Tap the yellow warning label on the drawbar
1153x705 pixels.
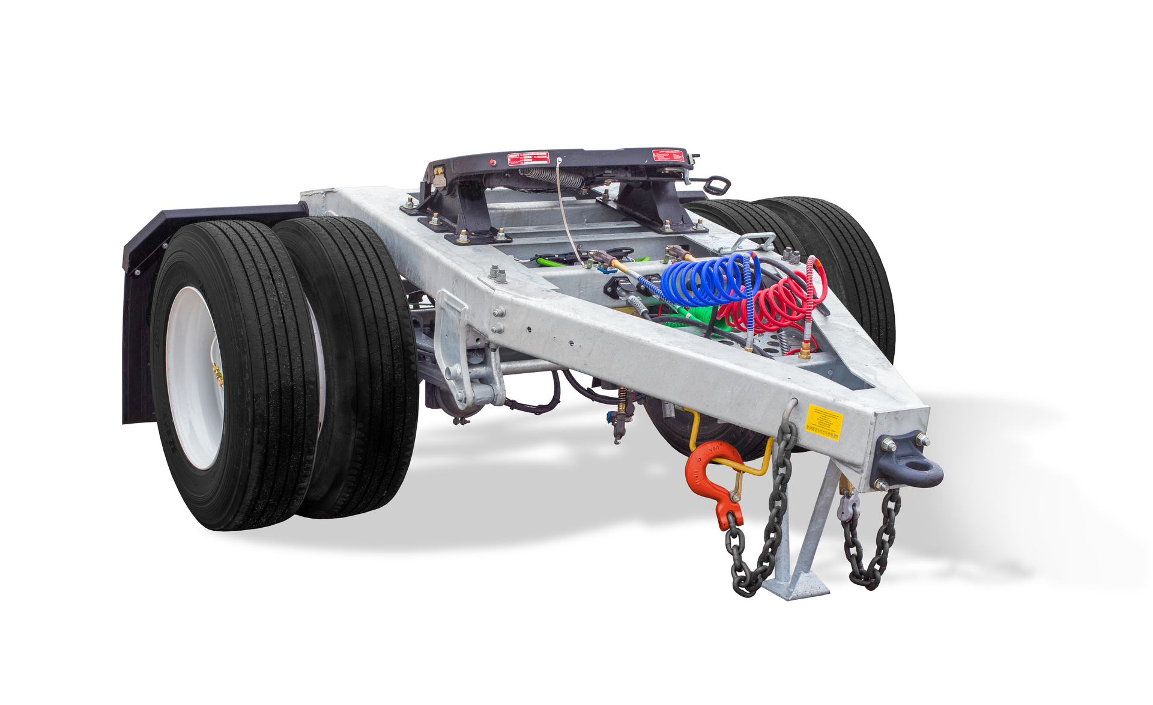823,423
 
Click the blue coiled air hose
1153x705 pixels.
709,280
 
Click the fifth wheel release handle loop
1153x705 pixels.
717,185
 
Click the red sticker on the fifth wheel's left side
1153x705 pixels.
528,159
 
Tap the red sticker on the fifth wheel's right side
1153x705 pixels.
668,156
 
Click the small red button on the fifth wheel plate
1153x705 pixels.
493,162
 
